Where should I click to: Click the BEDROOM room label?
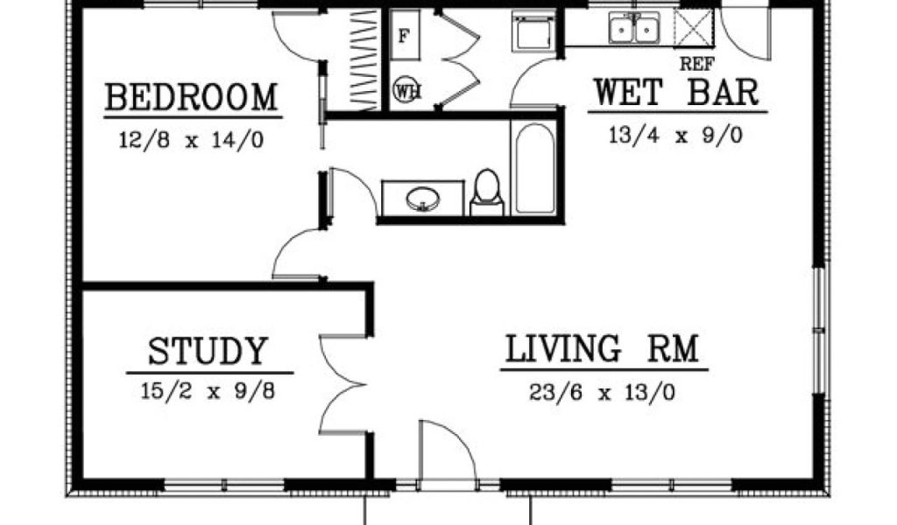coord(192,98)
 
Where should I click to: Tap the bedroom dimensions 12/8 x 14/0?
coord(192,140)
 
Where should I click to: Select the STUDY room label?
coord(208,352)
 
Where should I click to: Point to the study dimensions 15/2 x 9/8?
coord(208,391)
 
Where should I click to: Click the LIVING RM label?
coord(603,348)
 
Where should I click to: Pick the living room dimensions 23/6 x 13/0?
coord(603,393)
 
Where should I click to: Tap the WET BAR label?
coord(676,92)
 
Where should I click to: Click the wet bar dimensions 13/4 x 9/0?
coord(675,136)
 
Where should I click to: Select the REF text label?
coord(696,64)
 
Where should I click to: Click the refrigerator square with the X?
coord(694,27)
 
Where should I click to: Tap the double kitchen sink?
coord(633,28)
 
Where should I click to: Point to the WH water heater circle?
coord(406,90)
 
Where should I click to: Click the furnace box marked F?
coord(405,35)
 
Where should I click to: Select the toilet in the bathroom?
coord(487,193)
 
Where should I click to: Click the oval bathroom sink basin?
coord(423,199)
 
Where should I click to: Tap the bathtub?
coord(534,169)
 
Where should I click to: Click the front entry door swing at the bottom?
coord(448,455)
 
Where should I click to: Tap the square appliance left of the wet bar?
coord(533,31)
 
